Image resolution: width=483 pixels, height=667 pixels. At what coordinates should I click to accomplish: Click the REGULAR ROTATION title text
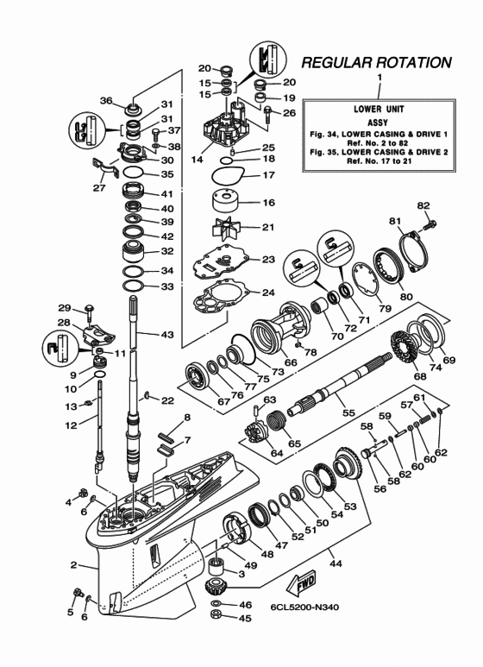tap(376, 63)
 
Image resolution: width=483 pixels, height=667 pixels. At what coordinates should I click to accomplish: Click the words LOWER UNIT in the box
tap(379, 110)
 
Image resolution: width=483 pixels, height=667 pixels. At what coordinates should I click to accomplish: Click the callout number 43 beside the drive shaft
tap(166, 334)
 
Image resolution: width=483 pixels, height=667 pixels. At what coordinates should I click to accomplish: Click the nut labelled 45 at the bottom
tap(219, 617)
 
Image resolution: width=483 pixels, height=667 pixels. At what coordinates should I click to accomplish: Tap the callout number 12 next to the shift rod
tap(72, 423)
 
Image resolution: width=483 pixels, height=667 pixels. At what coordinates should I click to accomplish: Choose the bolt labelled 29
tap(90, 309)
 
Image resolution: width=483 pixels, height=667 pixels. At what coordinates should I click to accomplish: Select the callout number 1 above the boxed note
tap(379, 79)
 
